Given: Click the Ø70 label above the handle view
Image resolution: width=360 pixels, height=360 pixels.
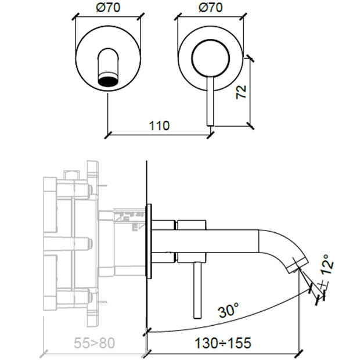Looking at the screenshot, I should tap(209, 9).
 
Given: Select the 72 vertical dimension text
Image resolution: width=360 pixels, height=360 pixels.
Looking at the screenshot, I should tap(242, 91).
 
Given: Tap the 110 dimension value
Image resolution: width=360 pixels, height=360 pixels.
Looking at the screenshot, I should tap(158, 125).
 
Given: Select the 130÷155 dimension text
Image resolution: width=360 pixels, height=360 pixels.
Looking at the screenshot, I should tap(222, 343).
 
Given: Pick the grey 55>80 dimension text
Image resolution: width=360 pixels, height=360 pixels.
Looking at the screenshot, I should tap(94, 343).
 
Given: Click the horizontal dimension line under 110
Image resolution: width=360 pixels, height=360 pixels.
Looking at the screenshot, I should tap(158, 135).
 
